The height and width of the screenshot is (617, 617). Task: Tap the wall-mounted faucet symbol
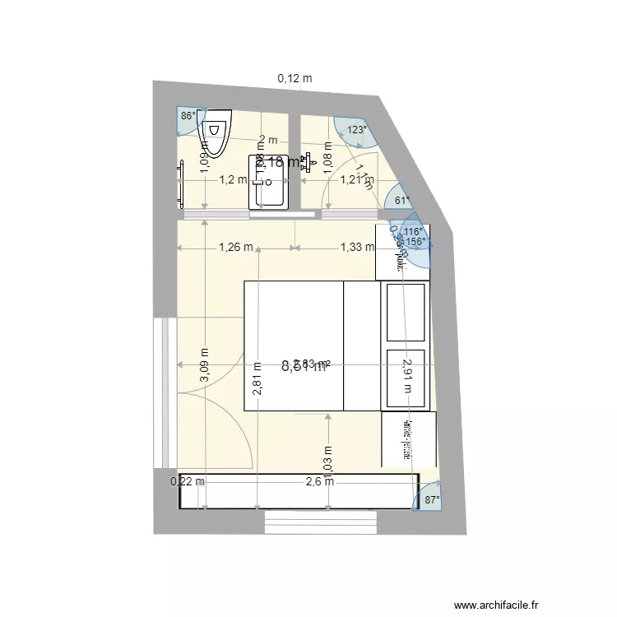[309, 162]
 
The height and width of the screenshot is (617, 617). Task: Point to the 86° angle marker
[188, 116]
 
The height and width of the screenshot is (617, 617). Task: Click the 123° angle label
[356, 129]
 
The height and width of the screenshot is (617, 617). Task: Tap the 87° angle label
[431, 499]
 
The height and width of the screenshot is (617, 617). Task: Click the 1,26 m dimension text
[235, 246]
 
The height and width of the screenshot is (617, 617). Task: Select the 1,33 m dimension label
[357, 246]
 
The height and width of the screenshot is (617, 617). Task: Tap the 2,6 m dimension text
[320, 481]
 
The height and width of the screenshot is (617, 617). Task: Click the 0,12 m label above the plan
[295, 79]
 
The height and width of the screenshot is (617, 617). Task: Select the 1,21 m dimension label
[357, 179]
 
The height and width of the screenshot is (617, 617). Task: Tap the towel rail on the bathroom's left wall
[181, 183]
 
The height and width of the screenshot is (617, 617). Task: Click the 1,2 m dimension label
[232, 179]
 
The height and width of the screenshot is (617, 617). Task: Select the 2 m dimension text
[268, 140]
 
